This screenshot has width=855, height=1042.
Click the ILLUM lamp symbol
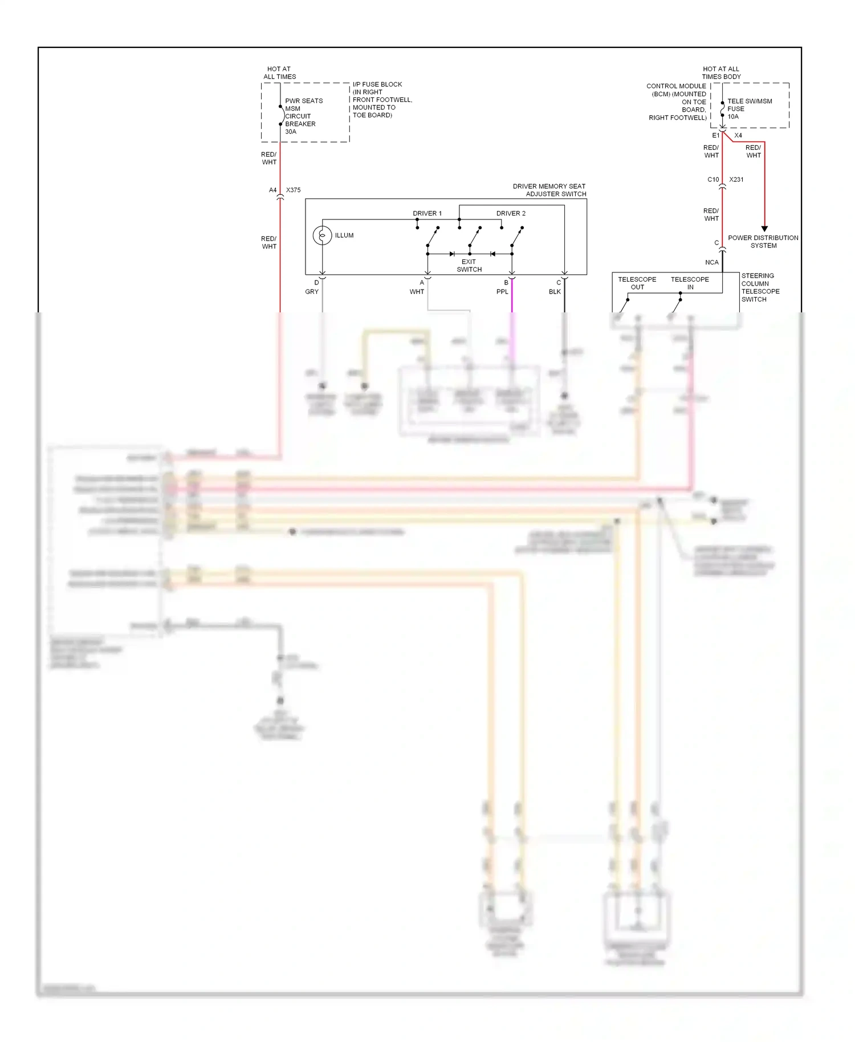click(322, 235)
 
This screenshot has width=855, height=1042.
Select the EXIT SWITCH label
click(469, 266)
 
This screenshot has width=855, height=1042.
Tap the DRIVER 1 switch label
click(427, 213)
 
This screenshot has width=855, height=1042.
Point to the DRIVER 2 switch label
click(511, 213)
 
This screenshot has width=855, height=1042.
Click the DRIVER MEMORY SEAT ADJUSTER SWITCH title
click(549, 190)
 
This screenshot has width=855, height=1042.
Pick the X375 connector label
click(293, 190)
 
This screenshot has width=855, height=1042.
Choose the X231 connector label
click(736, 180)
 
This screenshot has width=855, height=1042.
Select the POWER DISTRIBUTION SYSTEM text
click(763, 242)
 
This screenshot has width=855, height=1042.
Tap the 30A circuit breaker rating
click(291, 132)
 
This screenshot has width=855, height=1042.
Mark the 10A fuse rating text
click(733, 117)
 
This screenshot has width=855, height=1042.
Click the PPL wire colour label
click(502, 292)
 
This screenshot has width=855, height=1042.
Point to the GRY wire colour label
click(312, 292)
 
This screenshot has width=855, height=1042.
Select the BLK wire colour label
click(555, 292)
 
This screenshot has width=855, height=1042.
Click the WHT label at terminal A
click(417, 292)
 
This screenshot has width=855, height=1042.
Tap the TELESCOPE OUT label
click(637, 283)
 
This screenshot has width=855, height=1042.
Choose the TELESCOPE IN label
click(690, 283)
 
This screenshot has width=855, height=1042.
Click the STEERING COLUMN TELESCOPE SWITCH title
click(760, 287)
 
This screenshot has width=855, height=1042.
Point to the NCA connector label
click(711, 263)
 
